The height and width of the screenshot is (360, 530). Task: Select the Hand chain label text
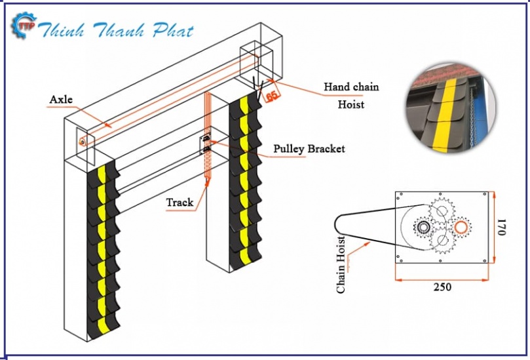[351, 87]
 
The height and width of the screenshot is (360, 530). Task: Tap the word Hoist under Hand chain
[351, 104]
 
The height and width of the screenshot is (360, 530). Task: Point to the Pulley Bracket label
[309, 149]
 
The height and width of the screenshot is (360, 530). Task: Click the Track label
[180, 202]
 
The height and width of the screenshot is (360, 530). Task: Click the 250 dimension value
[442, 287]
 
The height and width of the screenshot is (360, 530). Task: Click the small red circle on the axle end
[83, 141]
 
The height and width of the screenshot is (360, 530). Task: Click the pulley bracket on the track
[206, 144]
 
